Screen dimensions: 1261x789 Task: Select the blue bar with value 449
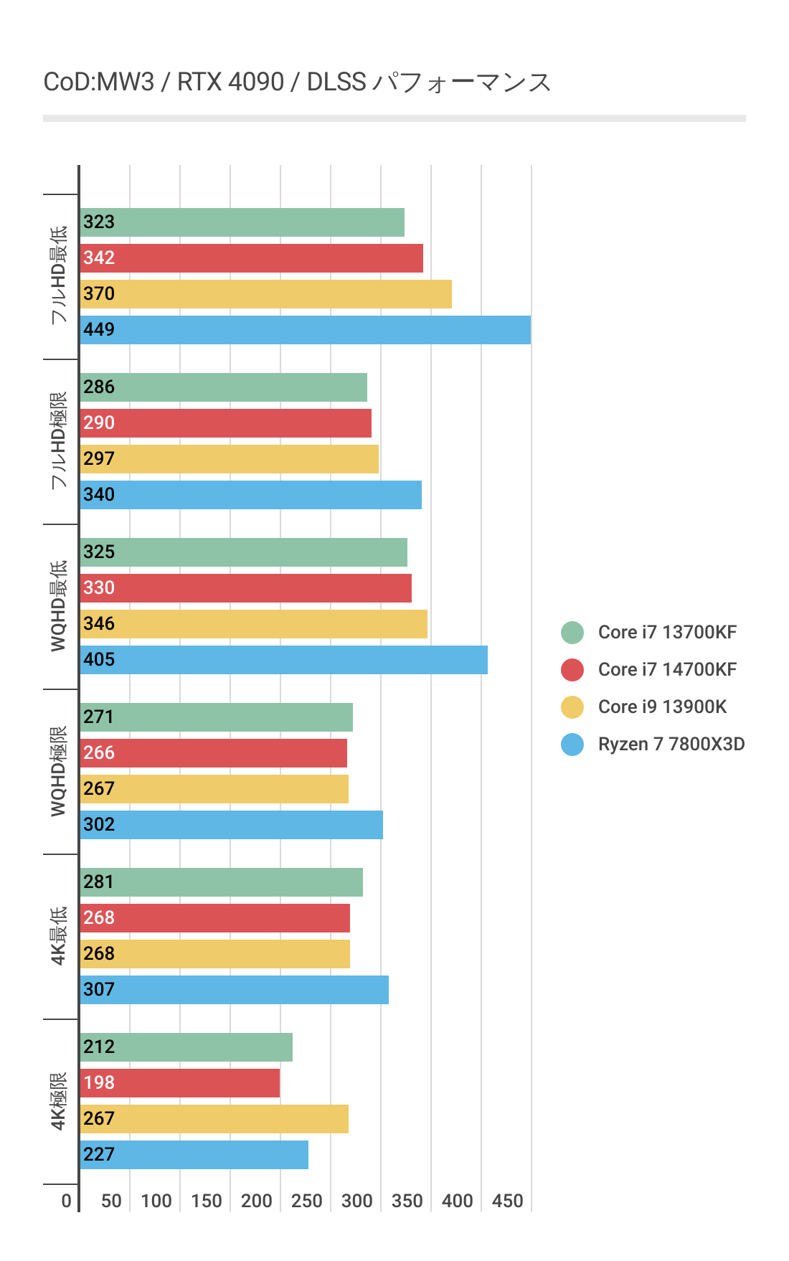[305, 330]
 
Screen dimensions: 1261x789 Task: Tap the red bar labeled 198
[179, 1083]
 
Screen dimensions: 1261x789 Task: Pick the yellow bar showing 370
[265, 294]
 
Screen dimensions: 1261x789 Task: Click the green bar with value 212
[186, 1047]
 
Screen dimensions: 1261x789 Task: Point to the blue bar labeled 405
[283, 660]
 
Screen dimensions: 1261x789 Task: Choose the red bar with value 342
[251, 258]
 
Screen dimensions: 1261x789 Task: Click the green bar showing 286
[223, 387]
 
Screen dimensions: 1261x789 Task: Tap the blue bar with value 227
[194, 1155]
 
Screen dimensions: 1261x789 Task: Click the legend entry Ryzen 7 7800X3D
[671, 745]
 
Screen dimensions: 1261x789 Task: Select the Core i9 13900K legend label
[662, 707]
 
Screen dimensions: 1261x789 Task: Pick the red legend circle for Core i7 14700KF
[572, 670]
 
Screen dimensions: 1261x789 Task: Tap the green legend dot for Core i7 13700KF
[572, 633]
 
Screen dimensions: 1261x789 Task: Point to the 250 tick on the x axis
[306, 1201]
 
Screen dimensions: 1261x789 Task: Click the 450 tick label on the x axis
[507, 1201]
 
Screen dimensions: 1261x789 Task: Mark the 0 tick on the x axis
[67, 1201]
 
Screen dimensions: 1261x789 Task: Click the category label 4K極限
[59, 1101]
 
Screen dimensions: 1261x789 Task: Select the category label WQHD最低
[59, 606]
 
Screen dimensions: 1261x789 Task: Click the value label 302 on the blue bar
[99, 825]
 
